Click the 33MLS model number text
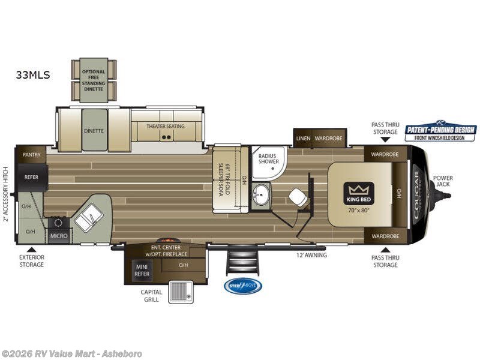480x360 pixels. tap(34, 75)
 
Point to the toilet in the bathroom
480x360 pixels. tap(297, 196)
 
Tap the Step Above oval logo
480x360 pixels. tap(243, 286)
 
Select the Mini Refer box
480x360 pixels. tap(141, 270)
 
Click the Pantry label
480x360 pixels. tap(31, 154)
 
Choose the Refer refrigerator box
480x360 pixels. tap(31, 178)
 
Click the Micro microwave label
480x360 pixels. tap(58, 236)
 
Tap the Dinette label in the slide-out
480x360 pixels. tap(94, 130)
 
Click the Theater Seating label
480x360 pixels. tap(166, 126)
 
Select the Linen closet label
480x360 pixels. tap(303, 138)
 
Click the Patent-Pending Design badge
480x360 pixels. tap(440, 131)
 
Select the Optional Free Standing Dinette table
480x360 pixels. tap(94, 80)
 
